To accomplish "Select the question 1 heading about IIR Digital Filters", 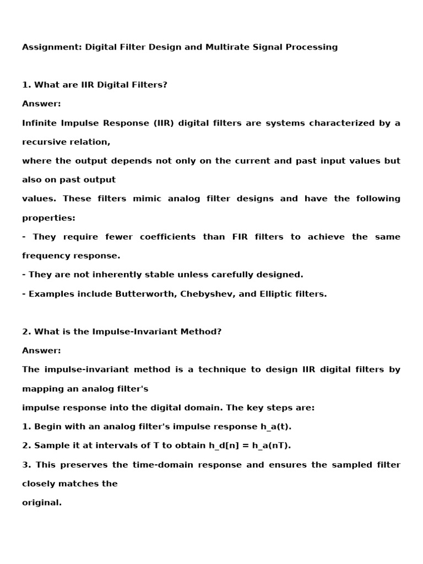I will click(x=95, y=85).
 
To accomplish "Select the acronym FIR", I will click(x=242, y=237).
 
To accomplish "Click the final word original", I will click(x=41, y=503).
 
